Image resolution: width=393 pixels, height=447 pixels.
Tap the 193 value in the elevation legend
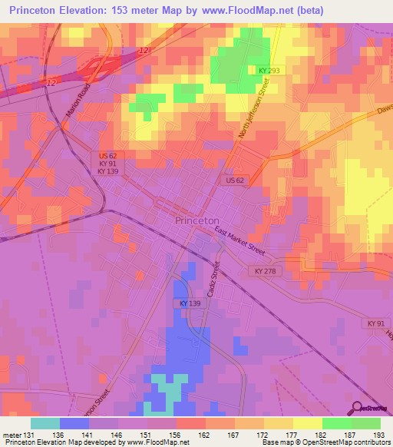(x=381, y=435)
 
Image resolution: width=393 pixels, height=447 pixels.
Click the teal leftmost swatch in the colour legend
(x=45, y=423)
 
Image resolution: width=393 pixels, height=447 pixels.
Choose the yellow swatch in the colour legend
(x=307, y=423)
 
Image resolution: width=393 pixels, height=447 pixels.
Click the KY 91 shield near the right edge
(x=376, y=324)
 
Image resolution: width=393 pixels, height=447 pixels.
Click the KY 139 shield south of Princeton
(x=192, y=304)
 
